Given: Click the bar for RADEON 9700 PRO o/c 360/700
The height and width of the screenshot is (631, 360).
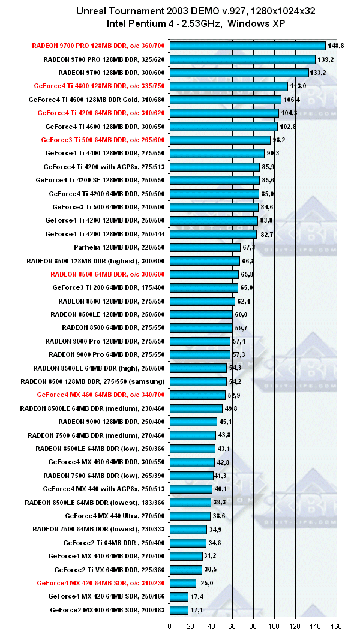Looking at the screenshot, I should coord(248,46).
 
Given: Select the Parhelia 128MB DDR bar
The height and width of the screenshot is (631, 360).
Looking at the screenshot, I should coord(205,247).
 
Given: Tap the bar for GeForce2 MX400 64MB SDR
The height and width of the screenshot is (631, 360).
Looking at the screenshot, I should coord(179,610).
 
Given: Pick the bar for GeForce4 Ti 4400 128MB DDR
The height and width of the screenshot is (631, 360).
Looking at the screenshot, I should coord(217,153).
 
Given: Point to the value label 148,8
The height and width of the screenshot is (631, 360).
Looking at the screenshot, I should coord(335,46).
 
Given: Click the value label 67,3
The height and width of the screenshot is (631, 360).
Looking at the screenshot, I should coord(249,247).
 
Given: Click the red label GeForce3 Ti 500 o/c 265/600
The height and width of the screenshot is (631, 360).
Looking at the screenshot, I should coord(103,140).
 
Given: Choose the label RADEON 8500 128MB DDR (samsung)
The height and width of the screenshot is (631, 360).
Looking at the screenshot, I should coord(93,381).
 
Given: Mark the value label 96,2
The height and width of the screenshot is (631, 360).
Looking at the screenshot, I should coord(279,140).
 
